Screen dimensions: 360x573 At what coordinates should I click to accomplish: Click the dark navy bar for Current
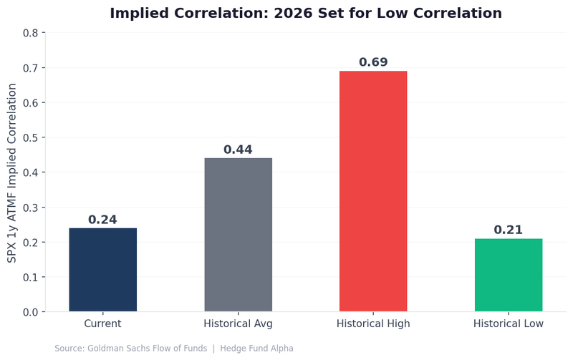102,270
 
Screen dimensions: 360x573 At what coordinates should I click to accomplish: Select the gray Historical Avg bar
238,235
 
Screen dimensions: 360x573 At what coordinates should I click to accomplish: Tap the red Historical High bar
373,191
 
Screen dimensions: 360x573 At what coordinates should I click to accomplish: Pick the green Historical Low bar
508,275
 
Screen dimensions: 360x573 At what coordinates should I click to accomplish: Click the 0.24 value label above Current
102,220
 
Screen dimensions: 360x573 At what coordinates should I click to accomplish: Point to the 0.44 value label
238,150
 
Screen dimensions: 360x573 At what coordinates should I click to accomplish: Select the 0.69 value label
373,62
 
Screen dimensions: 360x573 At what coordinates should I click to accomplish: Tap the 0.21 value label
508,230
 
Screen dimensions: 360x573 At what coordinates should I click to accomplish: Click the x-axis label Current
102,323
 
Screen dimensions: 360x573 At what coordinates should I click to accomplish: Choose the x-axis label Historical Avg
238,323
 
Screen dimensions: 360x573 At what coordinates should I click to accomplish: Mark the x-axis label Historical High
373,323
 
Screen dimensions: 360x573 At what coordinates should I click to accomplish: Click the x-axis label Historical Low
508,323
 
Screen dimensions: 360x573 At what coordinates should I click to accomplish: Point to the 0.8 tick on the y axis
30,33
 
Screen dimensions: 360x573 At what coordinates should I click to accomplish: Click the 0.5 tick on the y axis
30,137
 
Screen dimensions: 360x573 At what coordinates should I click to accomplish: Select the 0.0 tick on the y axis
30,312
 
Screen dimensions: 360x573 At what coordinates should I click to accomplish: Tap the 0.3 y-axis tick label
30,208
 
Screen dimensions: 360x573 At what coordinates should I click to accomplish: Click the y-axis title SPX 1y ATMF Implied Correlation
12,172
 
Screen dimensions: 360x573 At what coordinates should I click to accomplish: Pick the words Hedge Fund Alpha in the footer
261,349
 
